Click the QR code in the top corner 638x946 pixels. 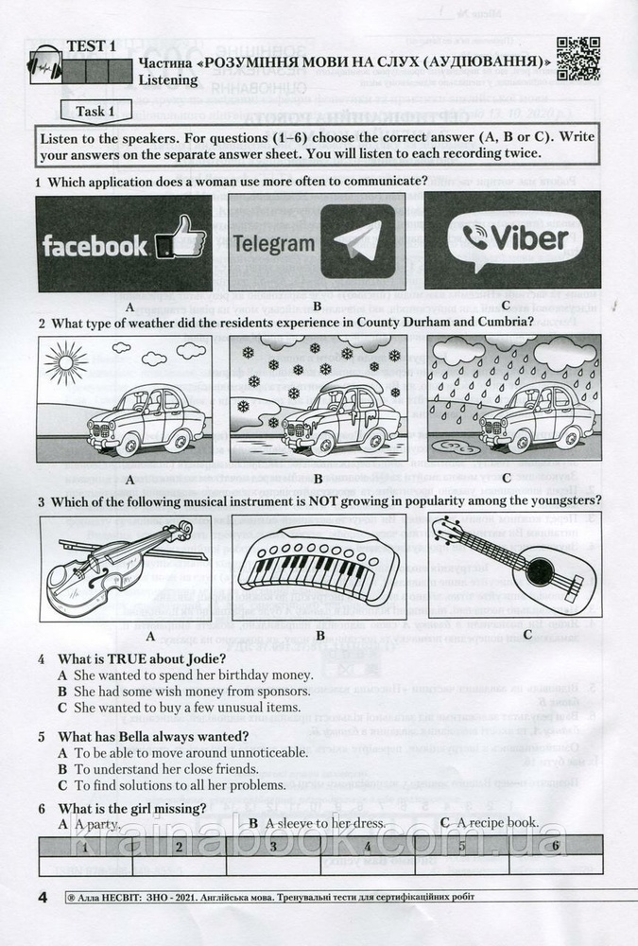pos(578,59)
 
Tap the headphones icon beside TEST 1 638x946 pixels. pos(44,66)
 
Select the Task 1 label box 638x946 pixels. pos(91,112)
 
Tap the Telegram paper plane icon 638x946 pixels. pos(356,240)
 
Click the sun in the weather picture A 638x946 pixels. pos(66,363)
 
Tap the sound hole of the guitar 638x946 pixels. pos(538,571)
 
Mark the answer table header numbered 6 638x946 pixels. pos(556,845)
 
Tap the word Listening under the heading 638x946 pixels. pos(168,80)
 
